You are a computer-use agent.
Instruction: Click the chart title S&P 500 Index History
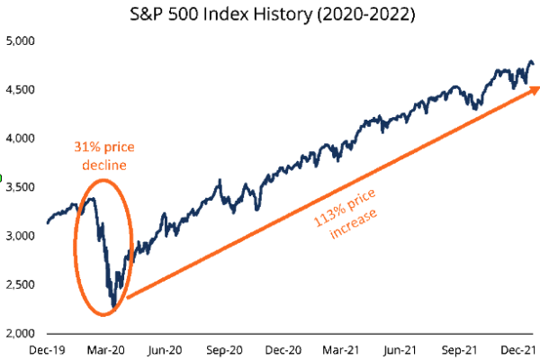(x=269, y=14)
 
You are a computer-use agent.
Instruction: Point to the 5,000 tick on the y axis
(x=22, y=41)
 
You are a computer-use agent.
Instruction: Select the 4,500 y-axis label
(x=22, y=90)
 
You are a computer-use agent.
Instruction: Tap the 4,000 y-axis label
(x=22, y=139)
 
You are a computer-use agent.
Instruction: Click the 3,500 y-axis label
(x=22, y=187)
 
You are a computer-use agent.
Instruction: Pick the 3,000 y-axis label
(x=22, y=236)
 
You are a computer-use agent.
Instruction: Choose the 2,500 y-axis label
(x=22, y=284)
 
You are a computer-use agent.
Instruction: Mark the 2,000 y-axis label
(x=22, y=333)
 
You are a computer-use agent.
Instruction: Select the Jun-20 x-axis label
(x=167, y=348)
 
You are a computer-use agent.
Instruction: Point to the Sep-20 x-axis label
(x=227, y=348)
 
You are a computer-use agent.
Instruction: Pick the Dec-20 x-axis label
(x=287, y=348)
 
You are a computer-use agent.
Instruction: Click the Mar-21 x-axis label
(x=347, y=348)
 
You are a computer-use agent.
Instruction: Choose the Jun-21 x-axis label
(x=408, y=348)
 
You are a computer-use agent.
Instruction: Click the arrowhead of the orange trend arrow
(x=533, y=88)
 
